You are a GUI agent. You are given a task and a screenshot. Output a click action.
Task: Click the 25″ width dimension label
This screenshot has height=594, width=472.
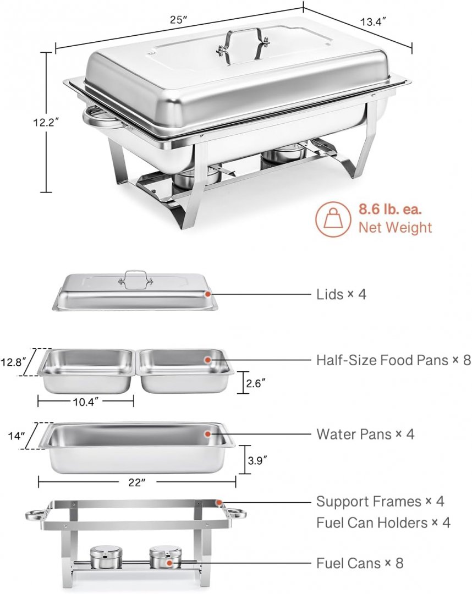[x=179, y=20]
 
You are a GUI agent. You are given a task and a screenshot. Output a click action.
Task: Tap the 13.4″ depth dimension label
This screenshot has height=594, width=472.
[x=373, y=22]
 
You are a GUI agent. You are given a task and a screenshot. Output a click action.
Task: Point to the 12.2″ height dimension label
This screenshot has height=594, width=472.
[x=46, y=122]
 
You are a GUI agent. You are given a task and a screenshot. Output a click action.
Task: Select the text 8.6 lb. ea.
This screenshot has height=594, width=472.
[x=390, y=210]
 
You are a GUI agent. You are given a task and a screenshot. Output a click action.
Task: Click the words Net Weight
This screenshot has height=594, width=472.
[x=395, y=227]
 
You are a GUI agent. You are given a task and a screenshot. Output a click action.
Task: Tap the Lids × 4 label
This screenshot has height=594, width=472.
[x=341, y=294]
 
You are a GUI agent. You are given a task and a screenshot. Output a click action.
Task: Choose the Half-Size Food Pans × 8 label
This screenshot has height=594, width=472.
[x=393, y=360]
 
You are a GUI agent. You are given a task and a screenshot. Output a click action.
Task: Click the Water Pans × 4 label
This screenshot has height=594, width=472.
[x=365, y=434]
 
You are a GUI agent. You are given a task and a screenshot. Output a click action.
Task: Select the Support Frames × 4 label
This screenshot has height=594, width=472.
[x=380, y=502]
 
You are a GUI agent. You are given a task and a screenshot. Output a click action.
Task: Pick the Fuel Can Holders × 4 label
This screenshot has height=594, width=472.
[x=383, y=523]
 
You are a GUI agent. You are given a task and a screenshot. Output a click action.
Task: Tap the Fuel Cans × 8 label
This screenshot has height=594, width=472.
[x=360, y=563]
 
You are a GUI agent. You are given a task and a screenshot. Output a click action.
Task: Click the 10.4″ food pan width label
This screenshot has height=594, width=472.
[x=86, y=402]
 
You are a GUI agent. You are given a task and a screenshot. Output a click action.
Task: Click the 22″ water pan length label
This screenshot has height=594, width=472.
[x=137, y=483]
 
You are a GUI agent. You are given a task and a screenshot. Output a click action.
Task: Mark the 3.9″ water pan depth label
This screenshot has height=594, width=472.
[x=257, y=460]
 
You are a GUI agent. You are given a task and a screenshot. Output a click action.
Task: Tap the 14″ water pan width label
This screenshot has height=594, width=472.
[x=17, y=436]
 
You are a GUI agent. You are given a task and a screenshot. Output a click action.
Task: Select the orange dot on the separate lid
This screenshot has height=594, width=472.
[x=207, y=294]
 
